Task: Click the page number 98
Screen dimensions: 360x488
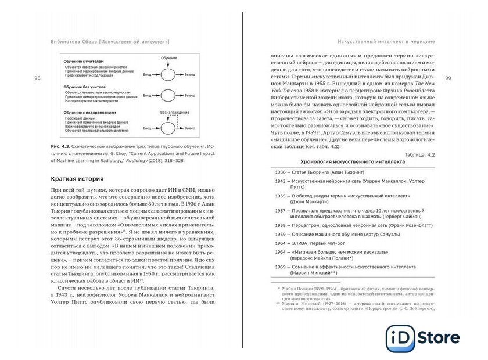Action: tap(38, 78)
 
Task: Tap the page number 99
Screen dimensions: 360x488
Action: tap(448, 78)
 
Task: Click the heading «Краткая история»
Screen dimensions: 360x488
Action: tap(77, 179)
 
